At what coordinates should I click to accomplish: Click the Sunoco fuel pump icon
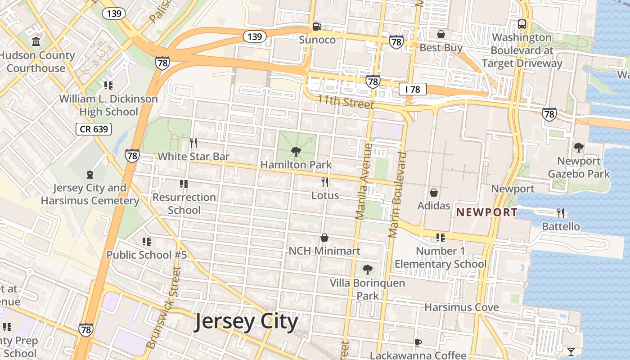point(317,27)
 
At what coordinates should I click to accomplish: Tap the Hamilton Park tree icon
point(296,151)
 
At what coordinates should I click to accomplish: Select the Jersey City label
point(246,322)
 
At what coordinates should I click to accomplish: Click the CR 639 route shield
point(93,130)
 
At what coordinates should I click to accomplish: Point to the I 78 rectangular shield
point(413,89)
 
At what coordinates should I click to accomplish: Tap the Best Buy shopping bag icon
point(441,34)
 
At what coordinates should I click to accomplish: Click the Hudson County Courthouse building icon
point(36,42)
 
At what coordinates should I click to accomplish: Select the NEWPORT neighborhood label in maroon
point(487,212)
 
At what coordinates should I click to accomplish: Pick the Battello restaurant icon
point(561,213)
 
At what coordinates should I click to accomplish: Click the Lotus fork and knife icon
point(325,182)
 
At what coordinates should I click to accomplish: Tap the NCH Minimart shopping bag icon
point(324,238)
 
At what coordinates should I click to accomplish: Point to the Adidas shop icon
point(434,193)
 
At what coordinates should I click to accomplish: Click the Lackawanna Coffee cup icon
point(418,342)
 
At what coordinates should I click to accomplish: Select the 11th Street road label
point(346,102)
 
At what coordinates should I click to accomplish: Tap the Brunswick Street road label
point(163,308)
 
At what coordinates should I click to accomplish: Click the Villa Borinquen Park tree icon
point(368,270)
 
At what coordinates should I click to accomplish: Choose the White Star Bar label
point(193,157)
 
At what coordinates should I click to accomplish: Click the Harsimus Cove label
point(462,307)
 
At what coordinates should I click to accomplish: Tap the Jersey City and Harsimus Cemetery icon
point(90,174)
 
